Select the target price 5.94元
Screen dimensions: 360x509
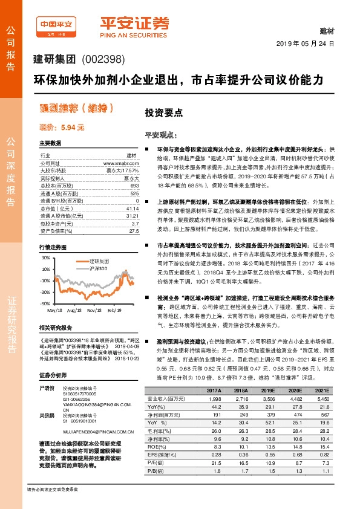click(62, 128)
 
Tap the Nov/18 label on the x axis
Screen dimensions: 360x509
click(94, 310)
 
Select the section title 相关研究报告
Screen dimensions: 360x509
click(56, 345)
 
